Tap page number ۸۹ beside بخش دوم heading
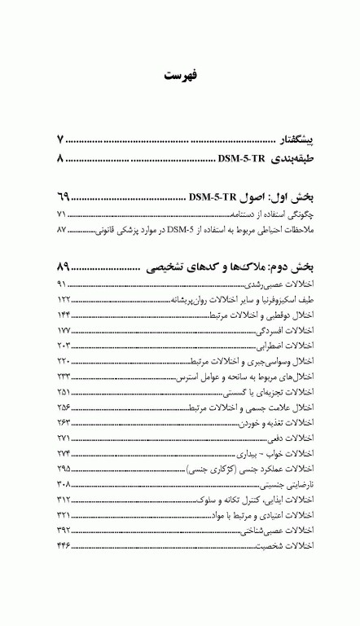tap(64, 267)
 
